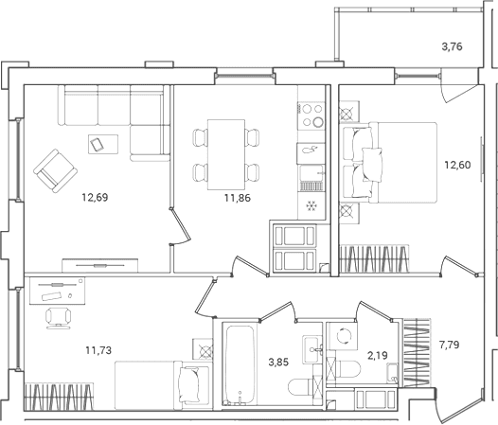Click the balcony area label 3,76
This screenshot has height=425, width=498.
(x=452, y=47)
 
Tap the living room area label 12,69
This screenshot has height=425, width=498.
(x=95, y=198)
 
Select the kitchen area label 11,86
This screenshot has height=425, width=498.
(x=238, y=198)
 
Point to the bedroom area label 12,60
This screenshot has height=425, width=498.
(x=457, y=165)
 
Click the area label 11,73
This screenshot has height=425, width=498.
(x=98, y=350)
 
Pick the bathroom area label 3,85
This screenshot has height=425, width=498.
(x=278, y=363)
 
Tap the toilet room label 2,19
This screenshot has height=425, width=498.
(x=378, y=356)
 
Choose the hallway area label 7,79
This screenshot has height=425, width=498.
(x=450, y=345)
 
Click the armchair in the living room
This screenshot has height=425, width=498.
(x=55, y=171)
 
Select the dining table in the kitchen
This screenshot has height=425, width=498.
(x=226, y=154)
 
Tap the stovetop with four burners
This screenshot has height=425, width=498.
(x=311, y=115)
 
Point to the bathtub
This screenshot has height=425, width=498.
(x=240, y=364)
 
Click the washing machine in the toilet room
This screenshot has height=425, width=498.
(x=343, y=336)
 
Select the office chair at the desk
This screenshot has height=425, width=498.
(x=59, y=318)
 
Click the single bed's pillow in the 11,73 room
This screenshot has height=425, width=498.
(x=189, y=384)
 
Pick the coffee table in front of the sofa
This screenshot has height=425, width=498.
(x=103, y=144)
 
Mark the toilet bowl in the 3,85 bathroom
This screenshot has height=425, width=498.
(x=301, y=387)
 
